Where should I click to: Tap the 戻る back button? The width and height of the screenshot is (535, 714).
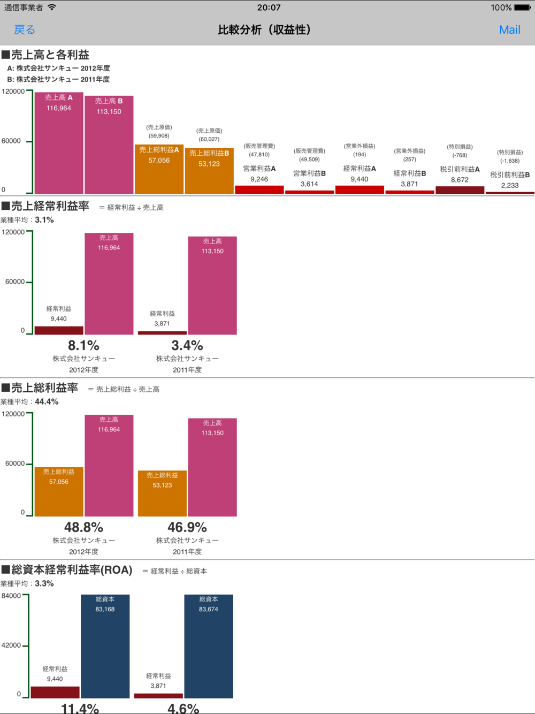click(24, 30)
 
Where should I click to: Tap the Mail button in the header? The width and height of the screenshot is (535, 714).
click(509, 30)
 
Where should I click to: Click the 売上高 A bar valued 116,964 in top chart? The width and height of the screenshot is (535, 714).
click(59, 145)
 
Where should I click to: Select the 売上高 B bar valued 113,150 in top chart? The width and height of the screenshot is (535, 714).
click(109, 147)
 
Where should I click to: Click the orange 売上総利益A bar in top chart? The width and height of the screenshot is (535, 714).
click(159, 170)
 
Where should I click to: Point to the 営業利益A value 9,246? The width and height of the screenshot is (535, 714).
click(259, 179)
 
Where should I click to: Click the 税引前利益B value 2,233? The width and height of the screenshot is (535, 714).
click(509, 185)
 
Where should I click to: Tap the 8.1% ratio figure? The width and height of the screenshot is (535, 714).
click(83, 346)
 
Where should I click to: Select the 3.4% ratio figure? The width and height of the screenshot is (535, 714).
click(187, 346)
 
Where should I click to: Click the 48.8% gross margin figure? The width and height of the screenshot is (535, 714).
click(83, 528)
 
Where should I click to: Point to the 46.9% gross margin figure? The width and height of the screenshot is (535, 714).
click(187, 528)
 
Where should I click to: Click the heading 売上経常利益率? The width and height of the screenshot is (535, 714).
click(50, 206)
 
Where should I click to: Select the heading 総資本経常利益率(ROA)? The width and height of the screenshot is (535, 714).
click(71, 570)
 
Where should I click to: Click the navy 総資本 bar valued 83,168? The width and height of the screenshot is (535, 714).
click(105, 648)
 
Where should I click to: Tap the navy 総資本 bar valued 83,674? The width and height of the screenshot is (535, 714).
click(209, 648)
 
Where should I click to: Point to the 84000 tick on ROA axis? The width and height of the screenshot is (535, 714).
click(11, 596)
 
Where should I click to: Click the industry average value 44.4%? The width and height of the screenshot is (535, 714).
click(47, 402)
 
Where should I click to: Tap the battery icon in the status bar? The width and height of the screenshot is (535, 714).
click(522, 7)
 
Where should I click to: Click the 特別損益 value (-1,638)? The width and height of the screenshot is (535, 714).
click(509, 161)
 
